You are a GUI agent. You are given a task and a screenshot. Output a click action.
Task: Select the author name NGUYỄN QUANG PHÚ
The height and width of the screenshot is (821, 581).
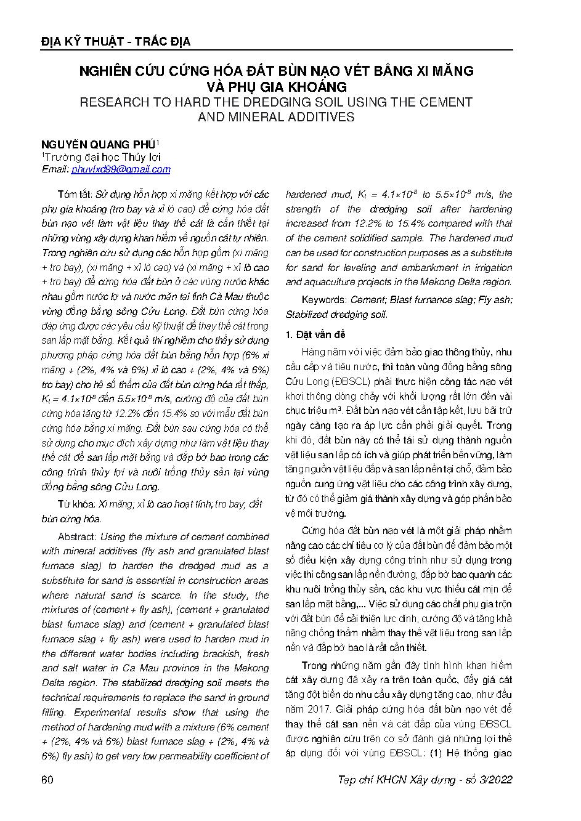point(99,145)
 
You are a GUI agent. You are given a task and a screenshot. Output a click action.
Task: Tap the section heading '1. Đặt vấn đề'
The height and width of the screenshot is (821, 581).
point(312,334)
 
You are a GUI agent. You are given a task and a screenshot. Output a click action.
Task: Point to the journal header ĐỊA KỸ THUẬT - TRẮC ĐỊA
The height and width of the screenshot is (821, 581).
point(115,42)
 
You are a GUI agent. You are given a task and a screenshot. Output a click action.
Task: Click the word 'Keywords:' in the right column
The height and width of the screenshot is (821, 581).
point(323,299)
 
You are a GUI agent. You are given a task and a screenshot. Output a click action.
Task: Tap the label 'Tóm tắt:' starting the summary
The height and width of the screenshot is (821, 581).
point(74,194)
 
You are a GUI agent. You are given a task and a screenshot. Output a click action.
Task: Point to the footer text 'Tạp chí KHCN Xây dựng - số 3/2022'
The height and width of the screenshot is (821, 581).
point(425,780)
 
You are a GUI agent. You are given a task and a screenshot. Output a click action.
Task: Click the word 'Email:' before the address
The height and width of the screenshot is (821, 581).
point(55,169)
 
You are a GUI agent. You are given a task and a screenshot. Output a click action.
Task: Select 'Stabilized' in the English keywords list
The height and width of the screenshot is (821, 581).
point(307,314)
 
